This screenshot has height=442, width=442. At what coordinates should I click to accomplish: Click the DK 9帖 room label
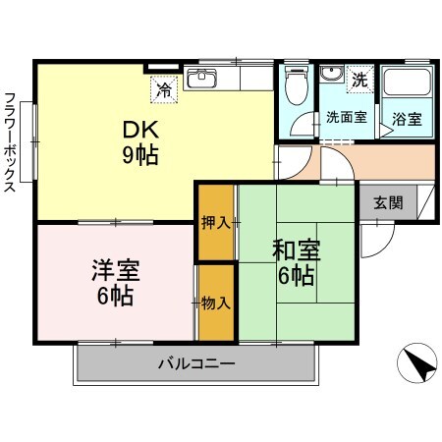[140, 142]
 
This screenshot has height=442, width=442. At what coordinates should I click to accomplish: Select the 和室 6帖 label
[294, 264]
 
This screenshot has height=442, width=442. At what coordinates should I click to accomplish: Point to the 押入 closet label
[216, 222]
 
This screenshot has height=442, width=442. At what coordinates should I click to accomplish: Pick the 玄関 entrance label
[387, 203]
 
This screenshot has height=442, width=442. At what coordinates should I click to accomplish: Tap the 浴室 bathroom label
[407, 119]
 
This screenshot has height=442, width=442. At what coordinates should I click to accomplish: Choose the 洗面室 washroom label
[346, 119]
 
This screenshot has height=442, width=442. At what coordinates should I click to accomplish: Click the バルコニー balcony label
[196, 364]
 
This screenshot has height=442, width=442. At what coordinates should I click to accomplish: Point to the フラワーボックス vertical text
[11, 142]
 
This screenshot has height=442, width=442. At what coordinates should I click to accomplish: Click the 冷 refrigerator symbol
[164, 89]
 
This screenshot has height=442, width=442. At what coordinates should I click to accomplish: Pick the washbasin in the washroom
[331, 79]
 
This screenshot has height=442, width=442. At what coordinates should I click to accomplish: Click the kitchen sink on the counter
[202, 79]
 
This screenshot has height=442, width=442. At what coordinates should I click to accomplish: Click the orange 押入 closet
[216, 222]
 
